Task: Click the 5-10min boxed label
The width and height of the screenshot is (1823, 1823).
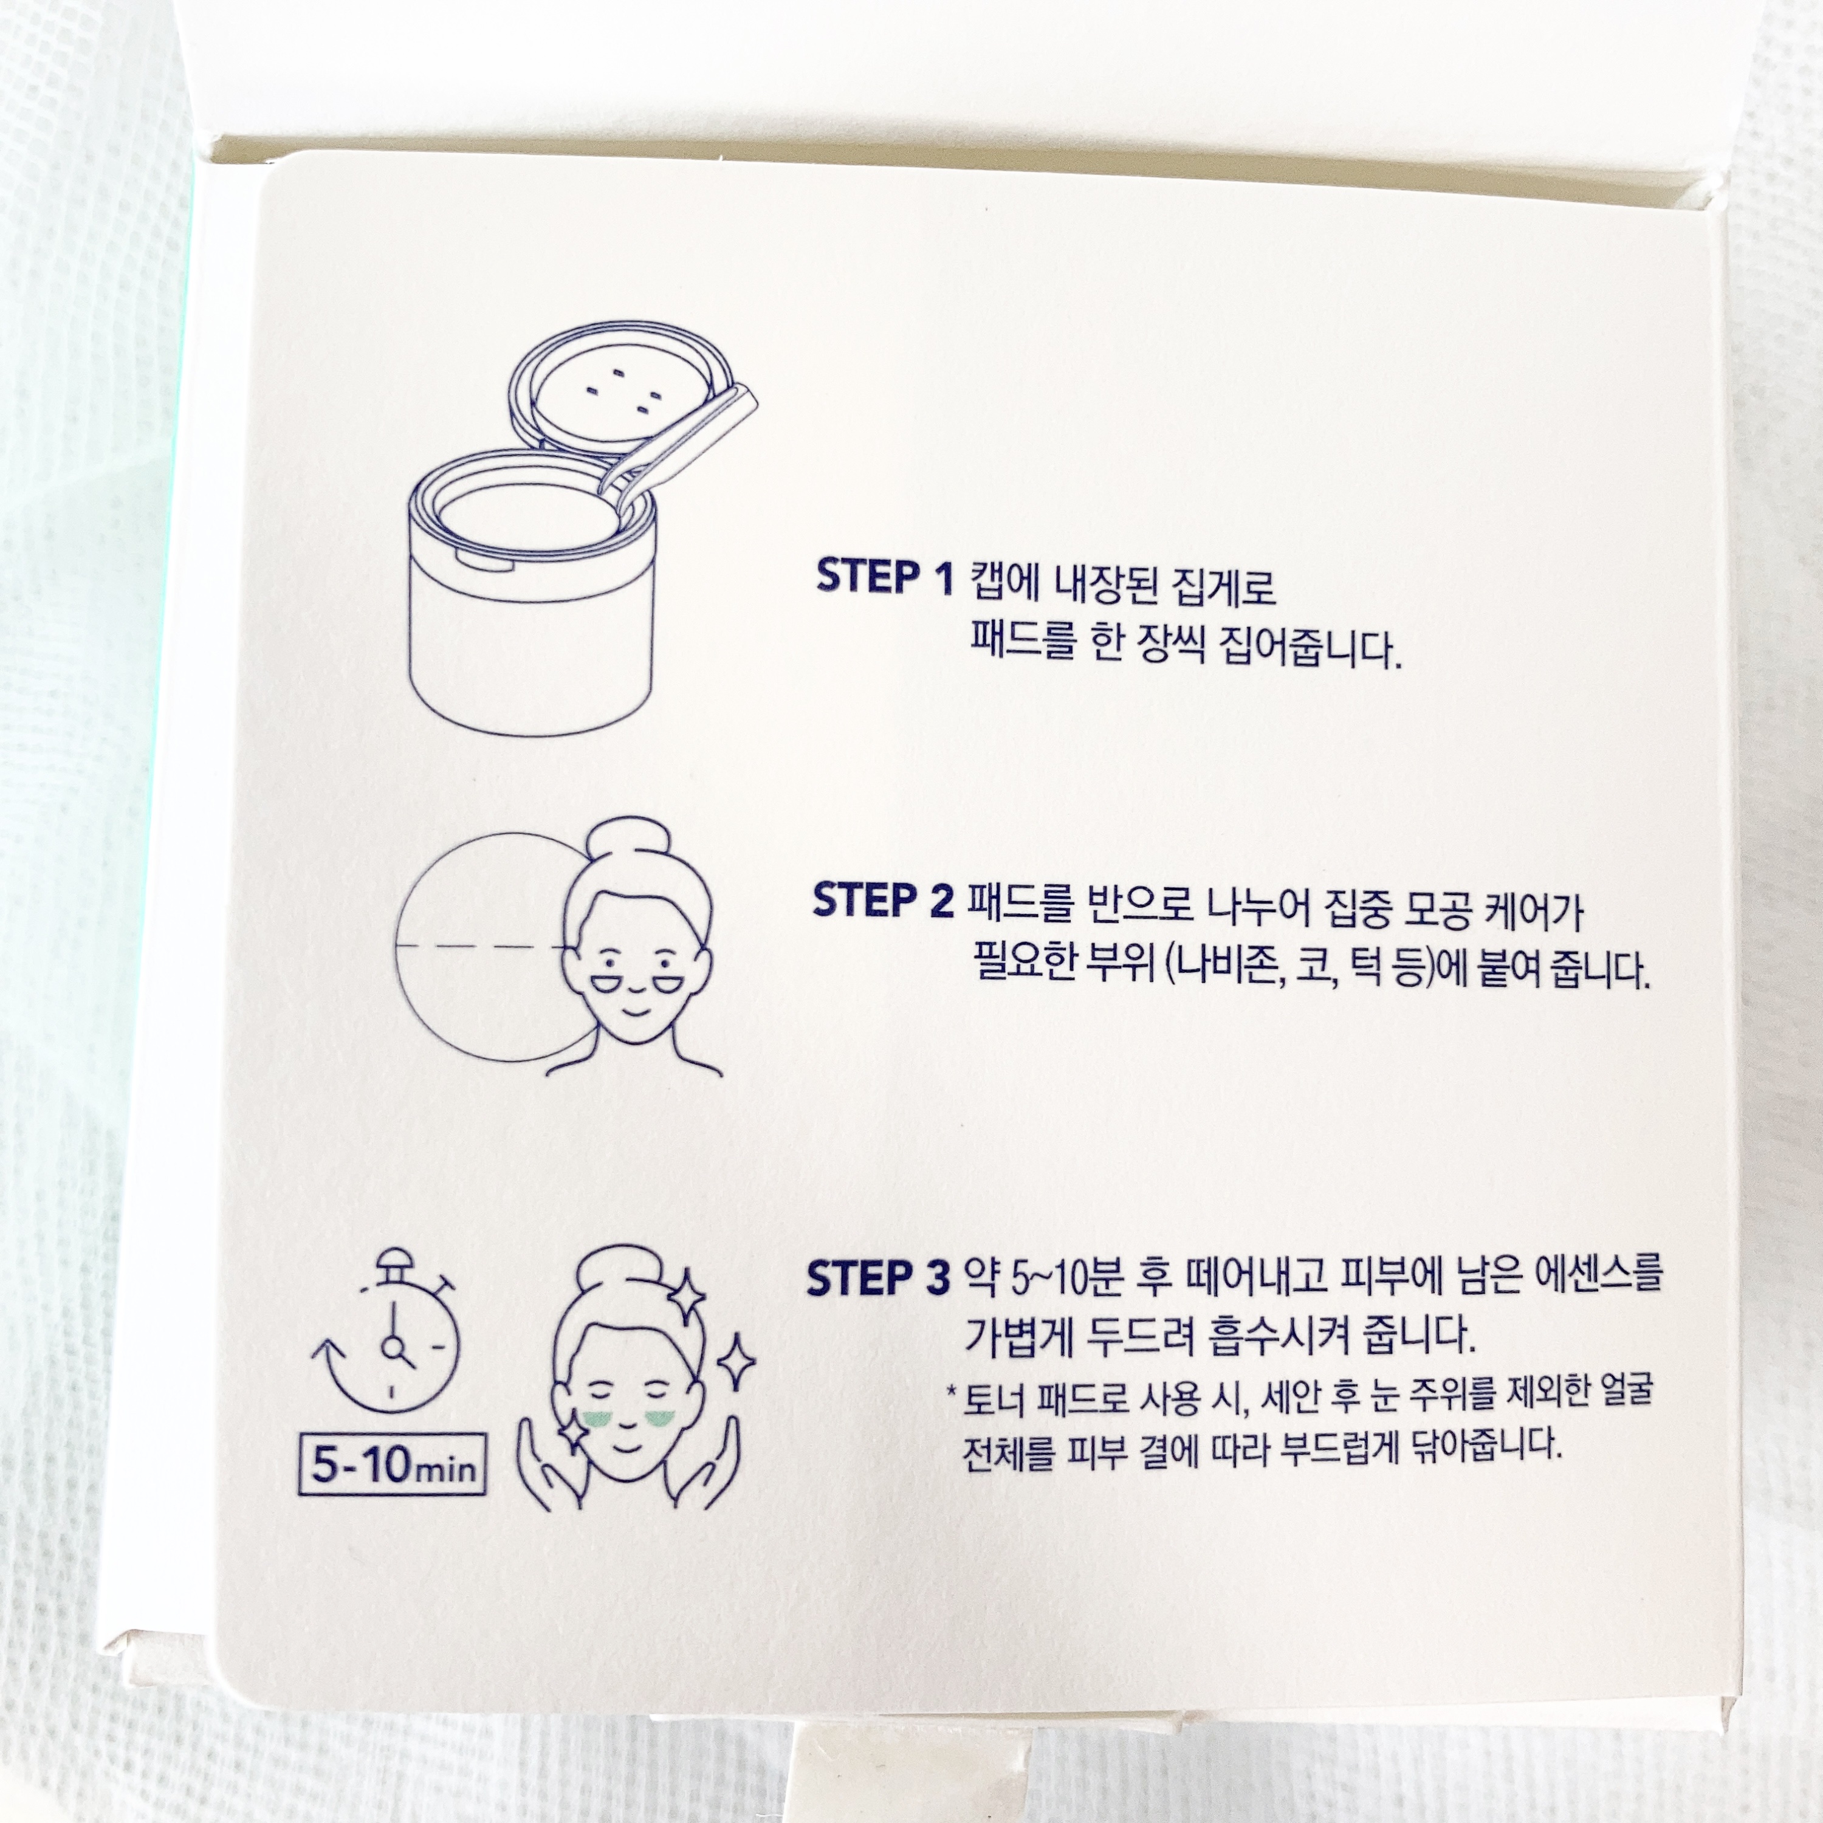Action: [391, 1464]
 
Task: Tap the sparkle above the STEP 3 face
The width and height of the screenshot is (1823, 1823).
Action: [686, 1294]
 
